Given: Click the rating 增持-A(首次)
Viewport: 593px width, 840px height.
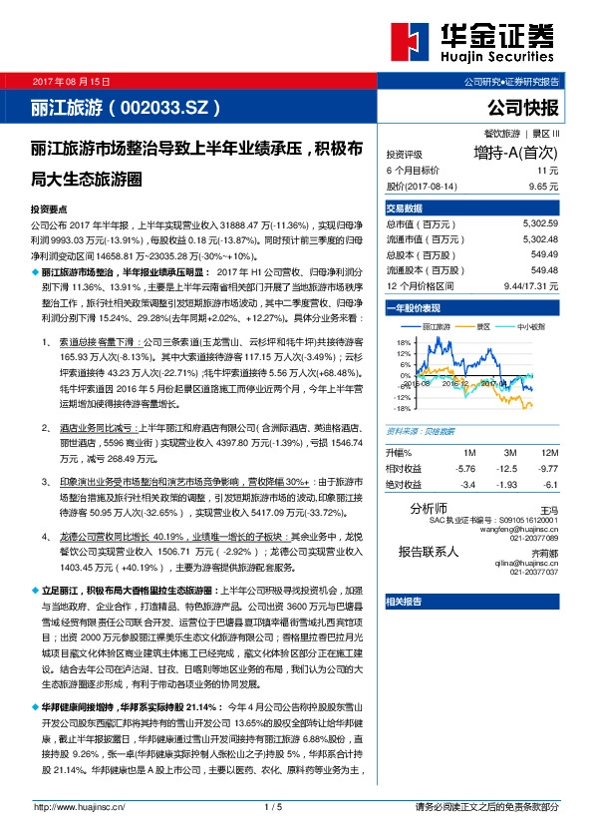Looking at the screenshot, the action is tap(516, 154).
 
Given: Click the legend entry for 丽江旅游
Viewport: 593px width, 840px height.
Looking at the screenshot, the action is tap(437, 326).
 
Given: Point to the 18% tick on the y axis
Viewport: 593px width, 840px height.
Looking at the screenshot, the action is tap(404, 342).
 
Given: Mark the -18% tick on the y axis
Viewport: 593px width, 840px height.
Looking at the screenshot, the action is tap(402, 408).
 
